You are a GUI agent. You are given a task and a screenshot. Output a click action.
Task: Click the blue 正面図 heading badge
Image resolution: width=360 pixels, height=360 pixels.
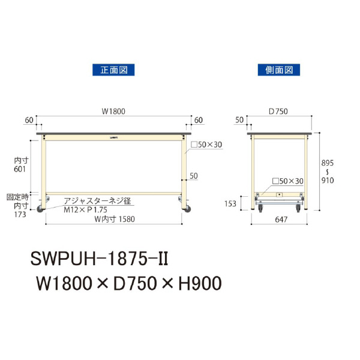click(113, 70)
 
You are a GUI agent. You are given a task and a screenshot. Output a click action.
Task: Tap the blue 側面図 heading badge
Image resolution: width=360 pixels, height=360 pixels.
click(278, 70)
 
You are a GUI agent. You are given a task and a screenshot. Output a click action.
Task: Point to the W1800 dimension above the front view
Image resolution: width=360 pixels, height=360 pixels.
click(113, 111)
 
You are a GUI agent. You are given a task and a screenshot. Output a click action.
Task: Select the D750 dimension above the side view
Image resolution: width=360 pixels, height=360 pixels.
click(279, 111)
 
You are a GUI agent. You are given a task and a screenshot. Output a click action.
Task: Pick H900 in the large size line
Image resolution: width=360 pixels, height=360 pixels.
click(196, 282)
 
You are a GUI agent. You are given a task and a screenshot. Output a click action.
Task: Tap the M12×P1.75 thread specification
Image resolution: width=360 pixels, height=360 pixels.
click(86, 209)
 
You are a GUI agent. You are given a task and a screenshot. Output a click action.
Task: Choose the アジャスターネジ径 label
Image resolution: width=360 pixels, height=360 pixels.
click(98, 200)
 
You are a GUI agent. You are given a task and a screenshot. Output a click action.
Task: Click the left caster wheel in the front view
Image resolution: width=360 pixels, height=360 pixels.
click(42, 209)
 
